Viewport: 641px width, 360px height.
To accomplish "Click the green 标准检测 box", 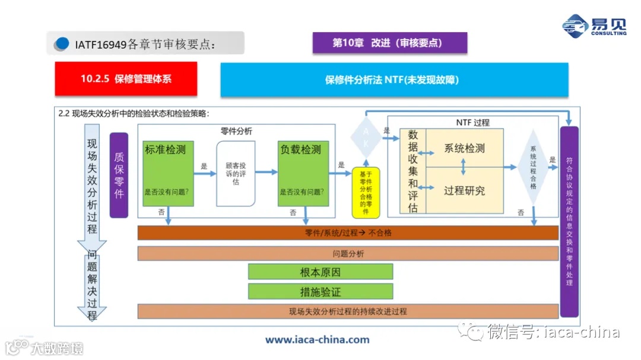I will tap(169, 173).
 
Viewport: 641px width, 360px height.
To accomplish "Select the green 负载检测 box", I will tap(303, 173).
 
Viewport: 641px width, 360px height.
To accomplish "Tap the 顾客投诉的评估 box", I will tap(236, 174).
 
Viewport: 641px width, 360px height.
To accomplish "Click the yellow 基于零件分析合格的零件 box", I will tap(366, 192).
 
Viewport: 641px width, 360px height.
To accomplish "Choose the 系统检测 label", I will tap(464, 148).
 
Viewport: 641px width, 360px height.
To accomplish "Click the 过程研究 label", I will tap(464, 190).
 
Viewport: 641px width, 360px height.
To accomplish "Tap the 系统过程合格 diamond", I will tap(533, 168).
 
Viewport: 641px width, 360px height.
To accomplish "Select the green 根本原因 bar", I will tap(320, 272).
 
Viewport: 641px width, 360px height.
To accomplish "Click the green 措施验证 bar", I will tap(320, 292).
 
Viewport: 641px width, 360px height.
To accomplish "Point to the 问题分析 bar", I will tap(348, 253).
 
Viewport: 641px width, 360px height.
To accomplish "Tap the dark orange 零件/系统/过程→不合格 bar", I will tap(348, 233).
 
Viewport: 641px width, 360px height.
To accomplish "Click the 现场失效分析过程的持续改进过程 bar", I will tap(348, 311).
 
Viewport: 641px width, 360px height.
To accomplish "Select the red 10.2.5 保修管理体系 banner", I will tap(126, 79).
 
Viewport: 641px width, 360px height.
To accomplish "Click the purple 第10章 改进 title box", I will tap(390, 43).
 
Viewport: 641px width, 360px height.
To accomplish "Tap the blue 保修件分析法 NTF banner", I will tap(394, 79).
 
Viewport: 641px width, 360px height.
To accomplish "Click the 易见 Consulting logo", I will tap(594, 26).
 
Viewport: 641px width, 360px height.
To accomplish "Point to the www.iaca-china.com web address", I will tap(317, 340).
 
